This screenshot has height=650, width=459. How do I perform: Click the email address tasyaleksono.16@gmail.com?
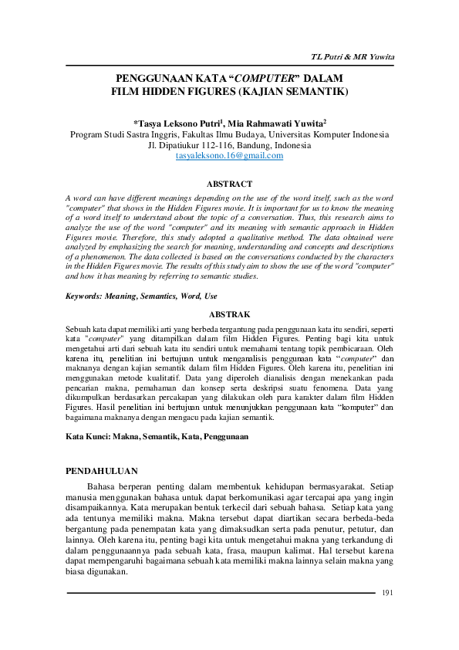(x=229, y=155)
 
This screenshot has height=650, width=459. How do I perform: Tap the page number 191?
(x=388, y=592)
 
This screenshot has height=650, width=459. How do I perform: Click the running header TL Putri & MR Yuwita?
(x=353, y=58)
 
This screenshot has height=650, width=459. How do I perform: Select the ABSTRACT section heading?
(x=230, y=184)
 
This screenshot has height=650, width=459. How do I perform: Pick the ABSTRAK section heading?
(x=230, y=314)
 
